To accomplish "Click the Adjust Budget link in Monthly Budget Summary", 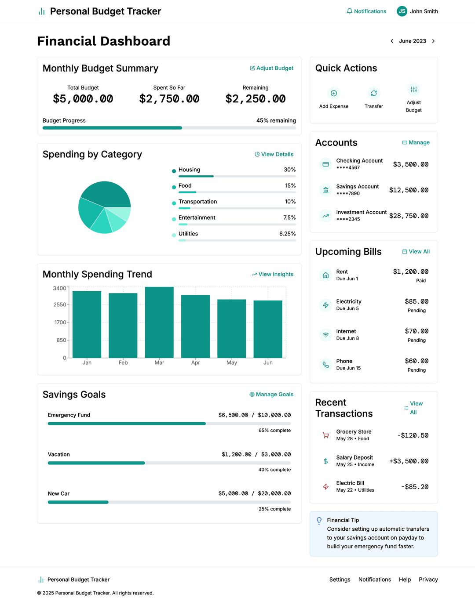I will (x=271, y=68).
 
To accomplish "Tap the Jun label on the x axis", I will (x=268, y=362).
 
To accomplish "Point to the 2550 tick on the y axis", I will (x=60, y=304).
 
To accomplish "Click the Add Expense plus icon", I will (x=334, y=93).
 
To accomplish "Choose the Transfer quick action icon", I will (x=374, y=93).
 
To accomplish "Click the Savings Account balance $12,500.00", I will (x=409, y=190).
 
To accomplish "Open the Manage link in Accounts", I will (x=416, y=142).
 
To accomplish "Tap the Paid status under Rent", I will (x=421, y=281).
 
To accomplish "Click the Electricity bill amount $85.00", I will (x=417, y=301).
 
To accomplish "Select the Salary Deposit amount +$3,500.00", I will (x=409, y=461).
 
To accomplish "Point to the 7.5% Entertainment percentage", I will (x=289, y=217).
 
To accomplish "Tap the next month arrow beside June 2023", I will (x=433, y=41).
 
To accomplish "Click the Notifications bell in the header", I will (x=350, y=11).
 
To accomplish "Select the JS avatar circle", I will (x=402, y=11).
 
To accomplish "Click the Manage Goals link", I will (x=271, y=395).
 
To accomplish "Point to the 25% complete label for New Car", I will (x=274, y=509).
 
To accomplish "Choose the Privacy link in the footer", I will (x=428, y=580).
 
